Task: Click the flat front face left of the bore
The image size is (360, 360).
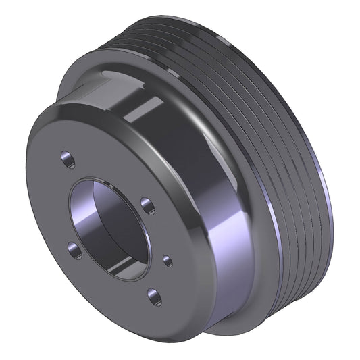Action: (51, 203)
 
